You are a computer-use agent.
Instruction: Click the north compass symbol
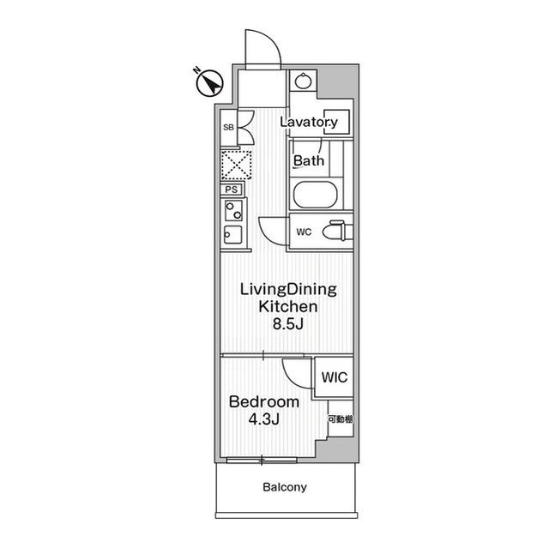[208, 82]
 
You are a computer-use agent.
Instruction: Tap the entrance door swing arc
[263, 47]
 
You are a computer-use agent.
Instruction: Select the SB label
[228, 128]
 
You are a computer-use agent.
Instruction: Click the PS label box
[231, 190]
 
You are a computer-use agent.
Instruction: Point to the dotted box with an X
[237, 165]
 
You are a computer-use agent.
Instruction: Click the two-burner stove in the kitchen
[233, 210]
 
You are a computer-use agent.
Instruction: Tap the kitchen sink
[232, 234]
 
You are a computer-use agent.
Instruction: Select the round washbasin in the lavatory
[303, 81]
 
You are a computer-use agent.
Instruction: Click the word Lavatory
[309, 122]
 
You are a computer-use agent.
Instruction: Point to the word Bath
[309, 161]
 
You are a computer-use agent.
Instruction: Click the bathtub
[315, 195]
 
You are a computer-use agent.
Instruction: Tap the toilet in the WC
[337, 231]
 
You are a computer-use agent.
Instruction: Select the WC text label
[304, 232]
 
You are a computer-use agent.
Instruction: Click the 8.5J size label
[288, 324]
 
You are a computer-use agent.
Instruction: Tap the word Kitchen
[288, 306]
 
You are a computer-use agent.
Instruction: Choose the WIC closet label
[335, 377]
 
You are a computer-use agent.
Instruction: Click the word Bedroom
[264, 401]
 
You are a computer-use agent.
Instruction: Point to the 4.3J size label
[263, 419]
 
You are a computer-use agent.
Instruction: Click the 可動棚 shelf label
[341, 419]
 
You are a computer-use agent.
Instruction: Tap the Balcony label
[285, 487]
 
